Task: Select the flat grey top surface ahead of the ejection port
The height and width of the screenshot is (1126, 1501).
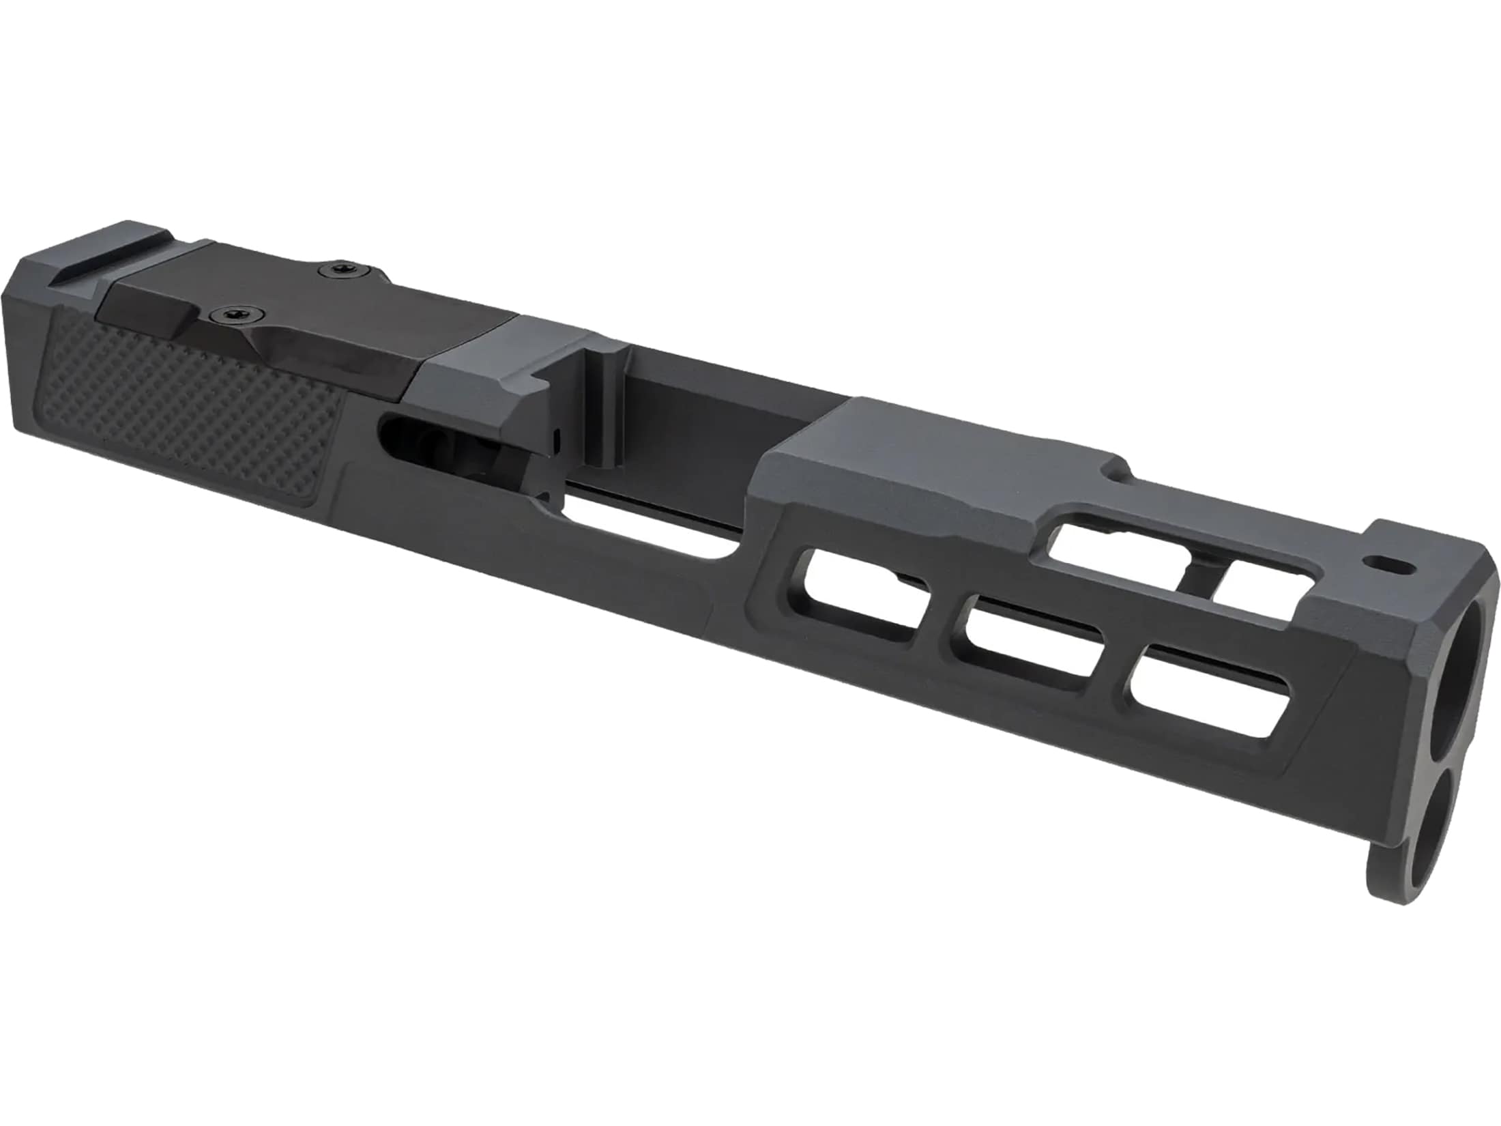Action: (x=921, y=444)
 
